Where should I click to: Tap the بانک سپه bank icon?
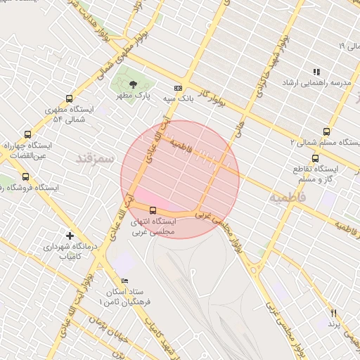coord(179,89)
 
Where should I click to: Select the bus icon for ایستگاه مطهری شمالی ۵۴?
coord(69,99)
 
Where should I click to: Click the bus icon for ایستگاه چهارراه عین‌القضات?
coord(27,134)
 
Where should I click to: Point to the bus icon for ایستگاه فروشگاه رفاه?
coord(26,176)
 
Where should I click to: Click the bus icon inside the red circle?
coord(153,210)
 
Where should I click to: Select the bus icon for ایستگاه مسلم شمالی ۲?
coord(326,131)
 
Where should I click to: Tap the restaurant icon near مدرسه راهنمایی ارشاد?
coord(316,72)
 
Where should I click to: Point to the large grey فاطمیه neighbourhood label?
coord(288,198)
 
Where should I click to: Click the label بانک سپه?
coord(179,100)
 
